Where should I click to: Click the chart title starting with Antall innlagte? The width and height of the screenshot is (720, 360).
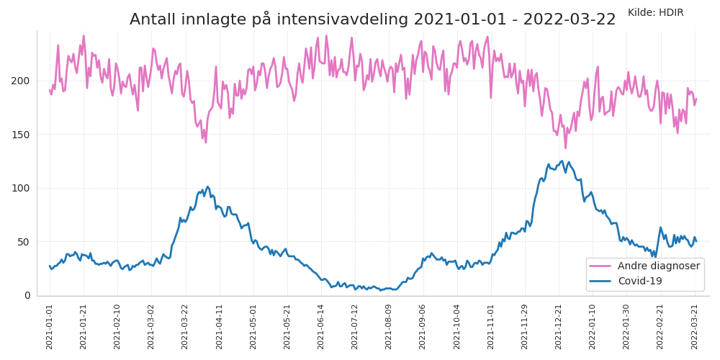click(x=372, y=19)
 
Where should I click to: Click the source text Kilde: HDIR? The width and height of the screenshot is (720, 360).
click(x=655, y=12)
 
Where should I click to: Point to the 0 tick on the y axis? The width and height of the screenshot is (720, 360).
click(x=27, y=295)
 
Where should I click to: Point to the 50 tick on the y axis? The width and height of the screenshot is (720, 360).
click(x=24, y=242)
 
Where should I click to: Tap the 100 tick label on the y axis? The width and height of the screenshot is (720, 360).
click(x=22, y=188)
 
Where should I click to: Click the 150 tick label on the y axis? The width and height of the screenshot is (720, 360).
click(x=22, y=135)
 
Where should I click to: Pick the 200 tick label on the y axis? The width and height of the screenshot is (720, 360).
click(x=22, y=81)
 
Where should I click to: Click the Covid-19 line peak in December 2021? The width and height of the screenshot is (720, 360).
click(x=562, y=161)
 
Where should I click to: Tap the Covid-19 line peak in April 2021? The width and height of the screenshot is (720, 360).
click(x=208, y=187)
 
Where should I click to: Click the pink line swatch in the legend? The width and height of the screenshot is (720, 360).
click(x=600, y=266)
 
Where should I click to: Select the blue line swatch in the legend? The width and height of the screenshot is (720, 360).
click(x=600, y=281)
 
